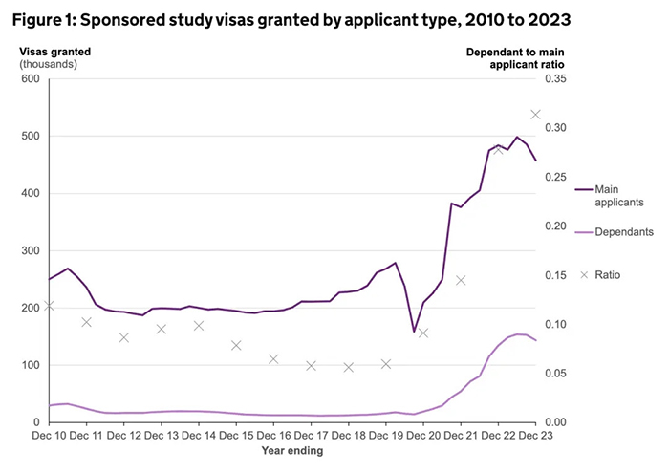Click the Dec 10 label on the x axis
point(49,436)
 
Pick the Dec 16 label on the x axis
point(273,436)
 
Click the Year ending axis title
point(292,451)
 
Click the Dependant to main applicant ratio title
point(515,56)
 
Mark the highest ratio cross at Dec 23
point(535,115)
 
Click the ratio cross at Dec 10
point(49,306)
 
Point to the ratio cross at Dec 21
point(461,280)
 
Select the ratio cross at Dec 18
point(349,367)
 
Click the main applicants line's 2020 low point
point(414,332)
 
